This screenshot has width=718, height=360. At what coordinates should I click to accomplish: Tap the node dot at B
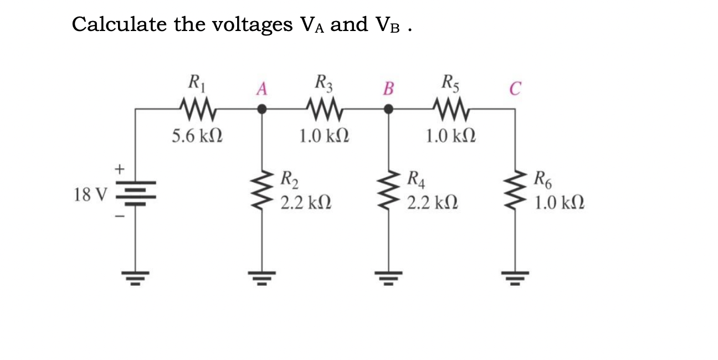click(389, 110)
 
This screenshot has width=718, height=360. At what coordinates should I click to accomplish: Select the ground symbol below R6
click(516, 275)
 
